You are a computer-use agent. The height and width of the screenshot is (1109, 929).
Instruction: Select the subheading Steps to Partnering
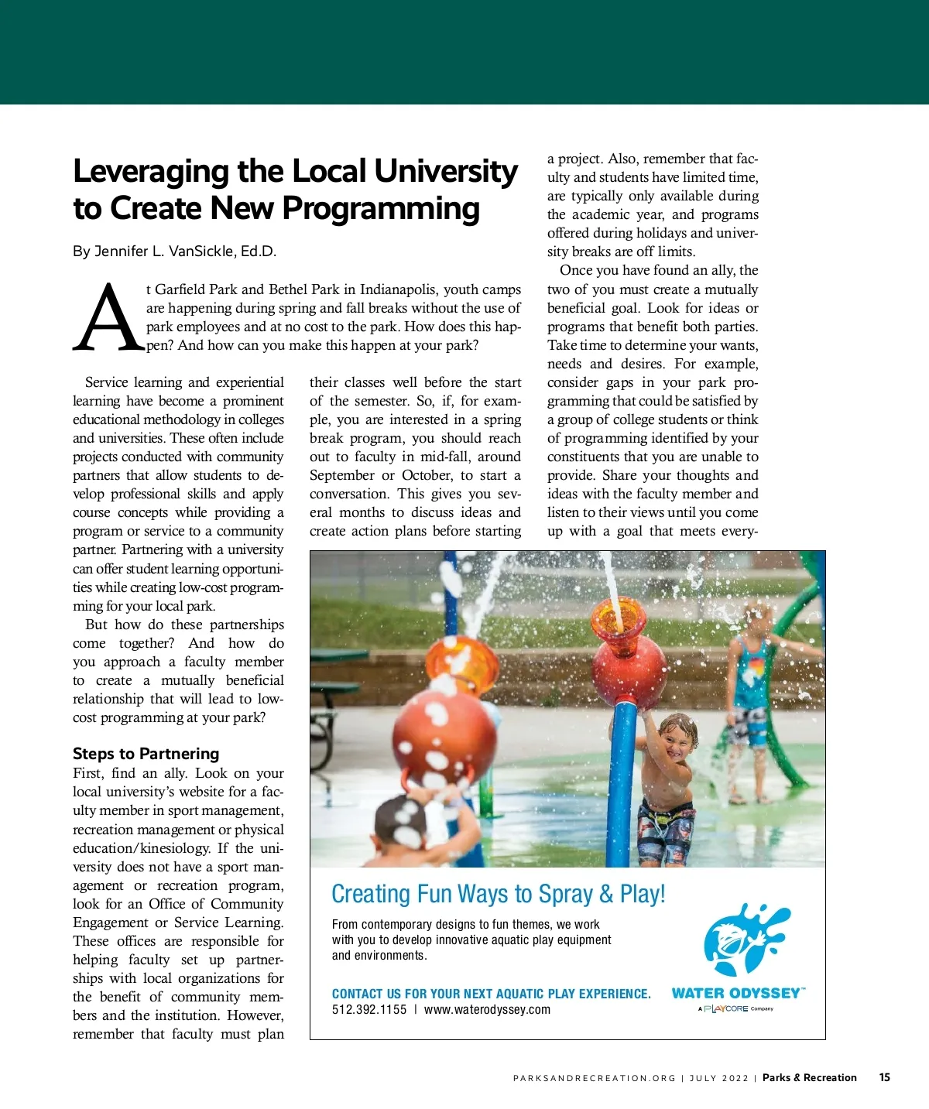click(x=146, y=754)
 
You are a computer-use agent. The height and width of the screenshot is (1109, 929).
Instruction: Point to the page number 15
click(x=885, y=1077)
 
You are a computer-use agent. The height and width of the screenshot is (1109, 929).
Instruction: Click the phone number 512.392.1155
click(x=369, y=1010)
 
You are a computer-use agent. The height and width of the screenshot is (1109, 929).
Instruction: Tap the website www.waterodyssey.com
click(x=487, y=1010)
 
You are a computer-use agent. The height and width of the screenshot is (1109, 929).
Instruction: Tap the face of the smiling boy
click(x=672, y=741)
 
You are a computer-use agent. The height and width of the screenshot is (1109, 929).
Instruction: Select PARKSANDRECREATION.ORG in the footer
click(x=594, y=1078)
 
